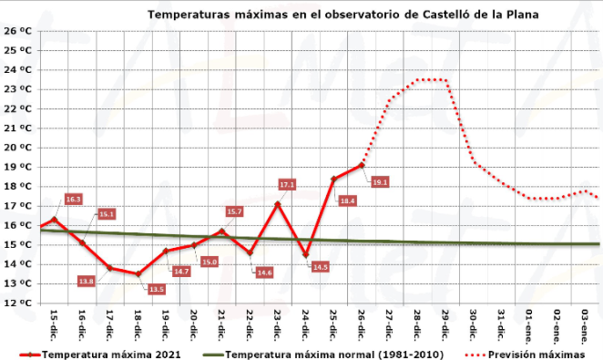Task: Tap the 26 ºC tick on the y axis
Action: coord(19,30)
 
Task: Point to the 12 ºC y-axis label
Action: coord(19,303)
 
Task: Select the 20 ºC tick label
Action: coord(19,147)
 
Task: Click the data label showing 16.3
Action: coord(74,199)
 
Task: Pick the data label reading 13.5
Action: coord(156,289)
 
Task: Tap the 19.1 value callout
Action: coord(380,182)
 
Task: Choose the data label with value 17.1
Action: coord(287,185)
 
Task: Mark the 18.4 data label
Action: coord(347,201)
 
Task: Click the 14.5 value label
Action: coord(320,267)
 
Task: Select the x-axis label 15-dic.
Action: coord(53,325)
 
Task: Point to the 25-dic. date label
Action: coord(333,325)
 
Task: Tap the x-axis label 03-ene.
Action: coord(586,325)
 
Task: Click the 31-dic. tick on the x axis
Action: coord(502,325)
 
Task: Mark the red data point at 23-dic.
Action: coord(278,204)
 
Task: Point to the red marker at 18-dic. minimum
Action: coord(138,273)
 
